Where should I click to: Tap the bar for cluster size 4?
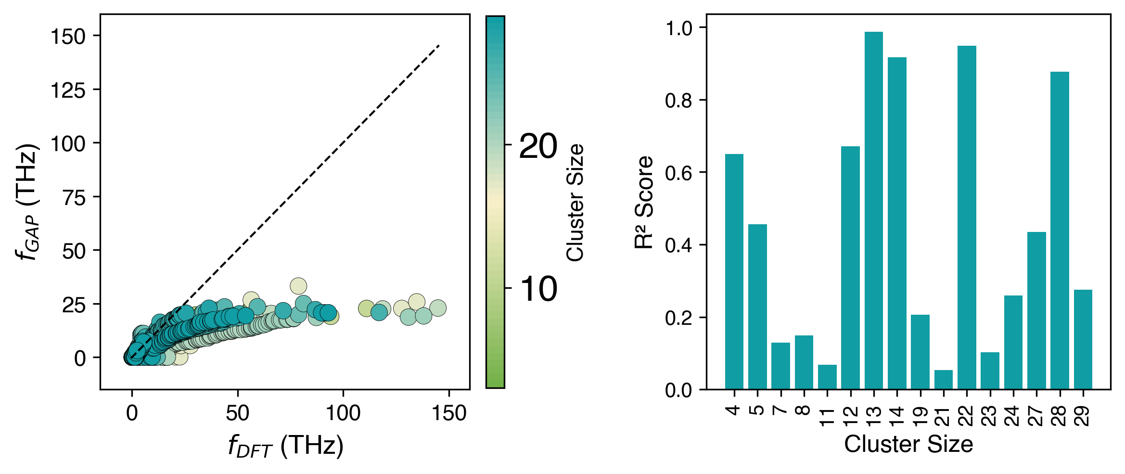[734, 271]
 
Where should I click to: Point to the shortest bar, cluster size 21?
[943, 380]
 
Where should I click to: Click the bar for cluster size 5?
[757, 307]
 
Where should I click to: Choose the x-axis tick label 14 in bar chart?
[897, 416]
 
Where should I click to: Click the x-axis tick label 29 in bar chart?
[1083, 416]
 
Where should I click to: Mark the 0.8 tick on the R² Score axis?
[678, 101]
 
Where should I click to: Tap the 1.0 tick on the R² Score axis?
[678, 28]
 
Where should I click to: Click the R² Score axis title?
[644, 202]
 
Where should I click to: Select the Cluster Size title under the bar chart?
[908, 444]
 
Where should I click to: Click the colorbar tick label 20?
[538, 146]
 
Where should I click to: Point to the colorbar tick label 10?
[538, 289]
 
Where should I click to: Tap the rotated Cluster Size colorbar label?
[575, 202]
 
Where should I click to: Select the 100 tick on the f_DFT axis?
[343, 413]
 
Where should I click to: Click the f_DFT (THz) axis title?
[286, 446]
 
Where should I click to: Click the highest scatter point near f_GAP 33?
[298, 286]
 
